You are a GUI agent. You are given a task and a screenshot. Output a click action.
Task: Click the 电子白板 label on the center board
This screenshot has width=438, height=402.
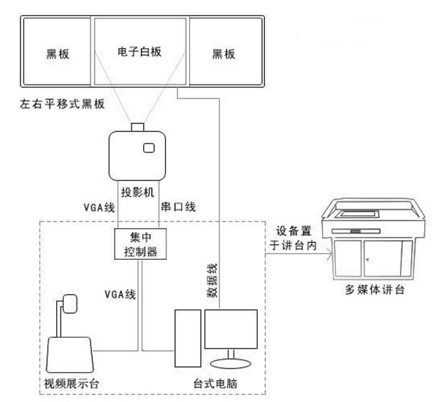click(139, 53)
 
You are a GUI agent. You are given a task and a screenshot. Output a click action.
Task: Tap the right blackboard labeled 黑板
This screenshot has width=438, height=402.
click(224, 53)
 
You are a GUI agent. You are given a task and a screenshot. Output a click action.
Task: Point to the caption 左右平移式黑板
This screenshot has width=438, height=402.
click(63, 104)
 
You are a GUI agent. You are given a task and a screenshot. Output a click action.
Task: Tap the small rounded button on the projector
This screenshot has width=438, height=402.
click(149, 148)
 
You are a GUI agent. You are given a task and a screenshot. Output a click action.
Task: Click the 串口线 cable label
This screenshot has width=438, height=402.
click(177, 208)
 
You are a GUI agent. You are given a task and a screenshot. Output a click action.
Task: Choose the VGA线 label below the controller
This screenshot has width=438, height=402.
click(120, 295)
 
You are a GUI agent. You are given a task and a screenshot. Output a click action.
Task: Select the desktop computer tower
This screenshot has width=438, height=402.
click(187, 338)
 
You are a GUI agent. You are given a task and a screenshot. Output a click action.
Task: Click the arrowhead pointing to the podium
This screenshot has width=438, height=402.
click(331, 255)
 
